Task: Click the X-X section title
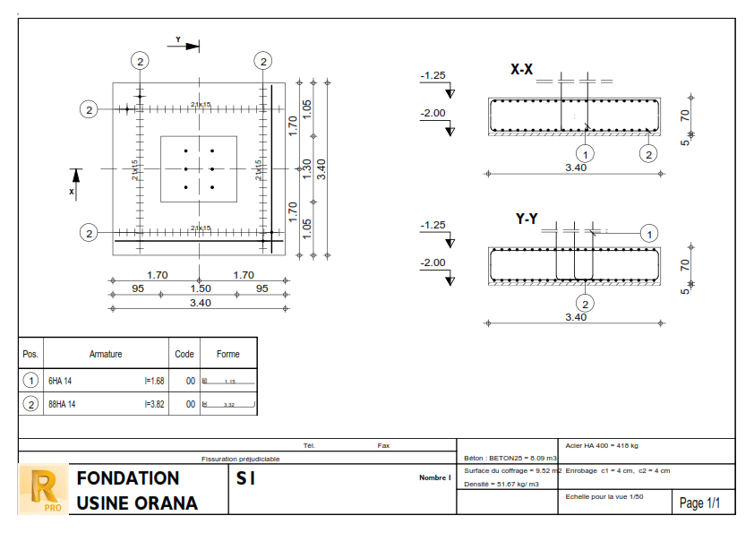tap(522, 70)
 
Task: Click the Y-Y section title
tap(526, 219)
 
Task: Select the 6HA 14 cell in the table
tap(62, 381)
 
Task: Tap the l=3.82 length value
tap(154, 404)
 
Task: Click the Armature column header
tap(106, 354)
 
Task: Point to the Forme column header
tap(227, 354)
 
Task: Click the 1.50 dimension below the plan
tap(200, 288)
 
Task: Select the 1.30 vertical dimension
tap(306, 168)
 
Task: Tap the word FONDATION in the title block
tap(128, 478)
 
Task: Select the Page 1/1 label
tap(700, 503)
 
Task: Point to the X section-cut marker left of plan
tap(75, 184)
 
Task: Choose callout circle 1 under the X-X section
tap(585, 153)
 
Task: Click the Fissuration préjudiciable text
tap(240, 459)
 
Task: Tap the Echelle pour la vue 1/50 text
tap(604, 495)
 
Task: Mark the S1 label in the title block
tap(245, 479)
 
